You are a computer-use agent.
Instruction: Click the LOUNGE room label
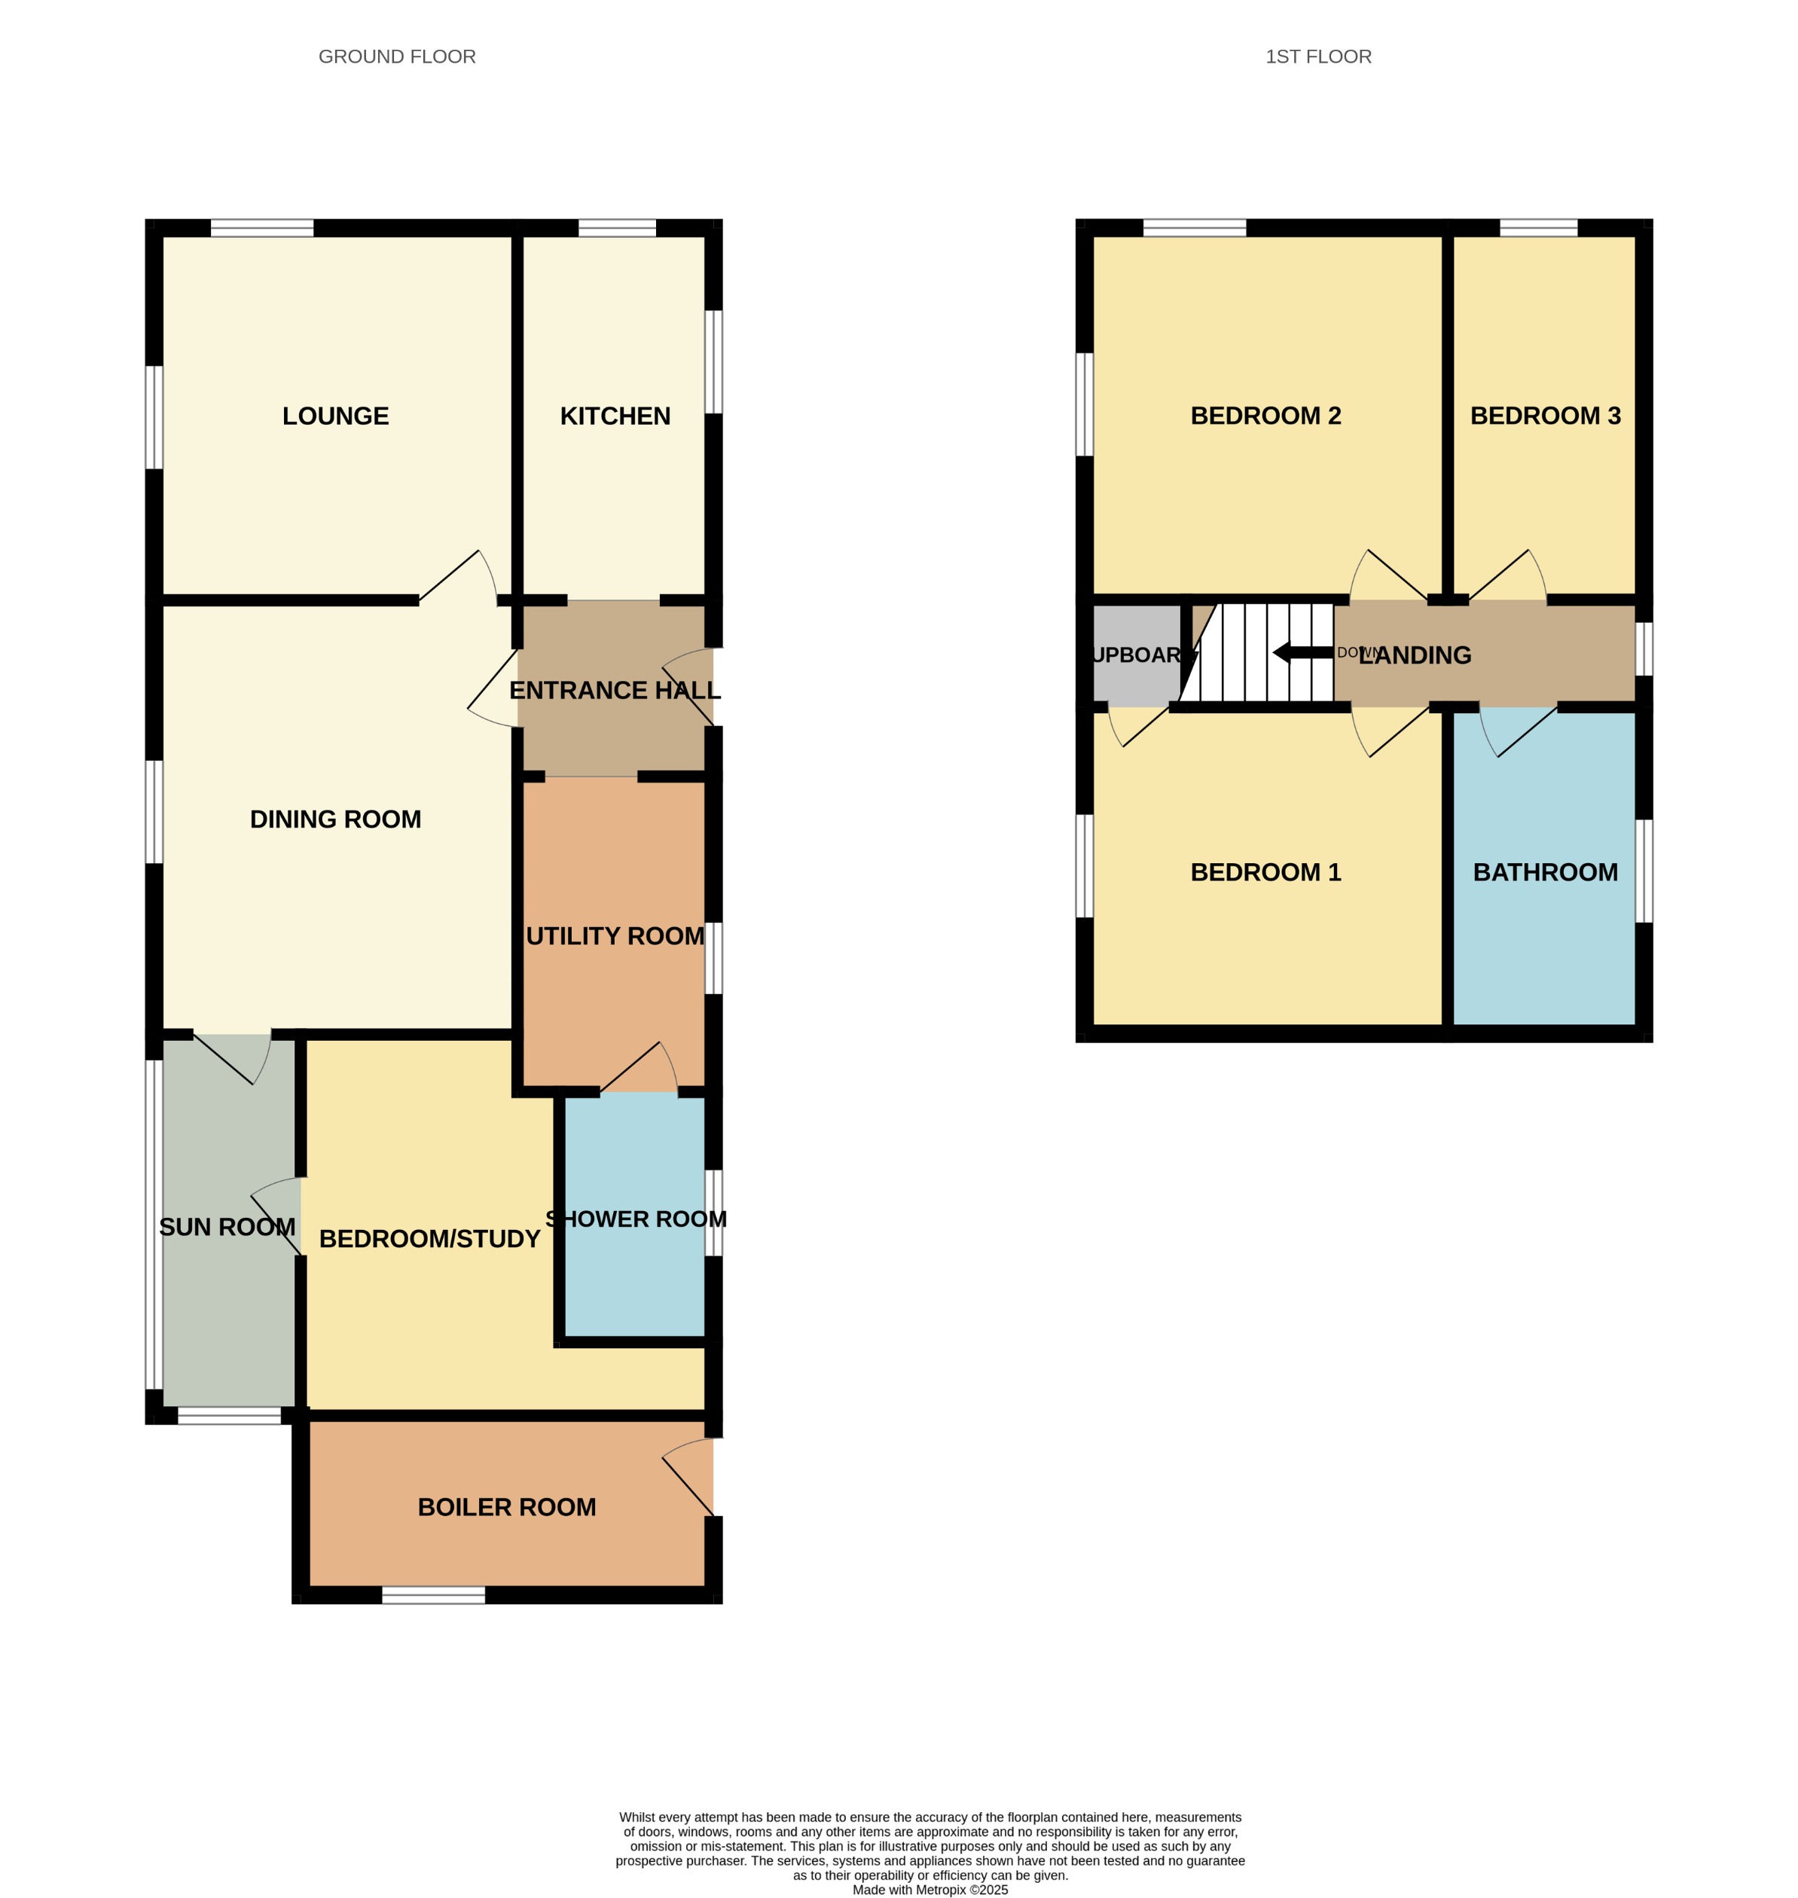tap(335, 416)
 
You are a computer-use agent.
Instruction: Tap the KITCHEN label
tap(615, 416)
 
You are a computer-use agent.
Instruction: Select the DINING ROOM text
tap(335, 819)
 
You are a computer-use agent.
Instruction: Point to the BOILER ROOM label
tap(506, 1507)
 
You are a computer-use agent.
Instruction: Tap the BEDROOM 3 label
tap(1545, 416)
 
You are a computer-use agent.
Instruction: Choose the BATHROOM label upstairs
tap(1545, 872)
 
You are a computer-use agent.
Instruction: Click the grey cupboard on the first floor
tap(1136, 655)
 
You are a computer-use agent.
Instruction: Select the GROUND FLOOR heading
tap(397, 56)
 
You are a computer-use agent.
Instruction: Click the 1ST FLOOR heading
tap(1318, 56)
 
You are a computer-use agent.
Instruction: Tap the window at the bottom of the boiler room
tap(433, 1594)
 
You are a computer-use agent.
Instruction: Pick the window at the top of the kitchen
tap(617, 228)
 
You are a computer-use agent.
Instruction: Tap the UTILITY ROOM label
tap(615, 936)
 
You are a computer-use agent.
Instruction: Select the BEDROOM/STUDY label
tap(429, 1239)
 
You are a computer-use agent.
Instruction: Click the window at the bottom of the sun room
tap(229, 1415)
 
